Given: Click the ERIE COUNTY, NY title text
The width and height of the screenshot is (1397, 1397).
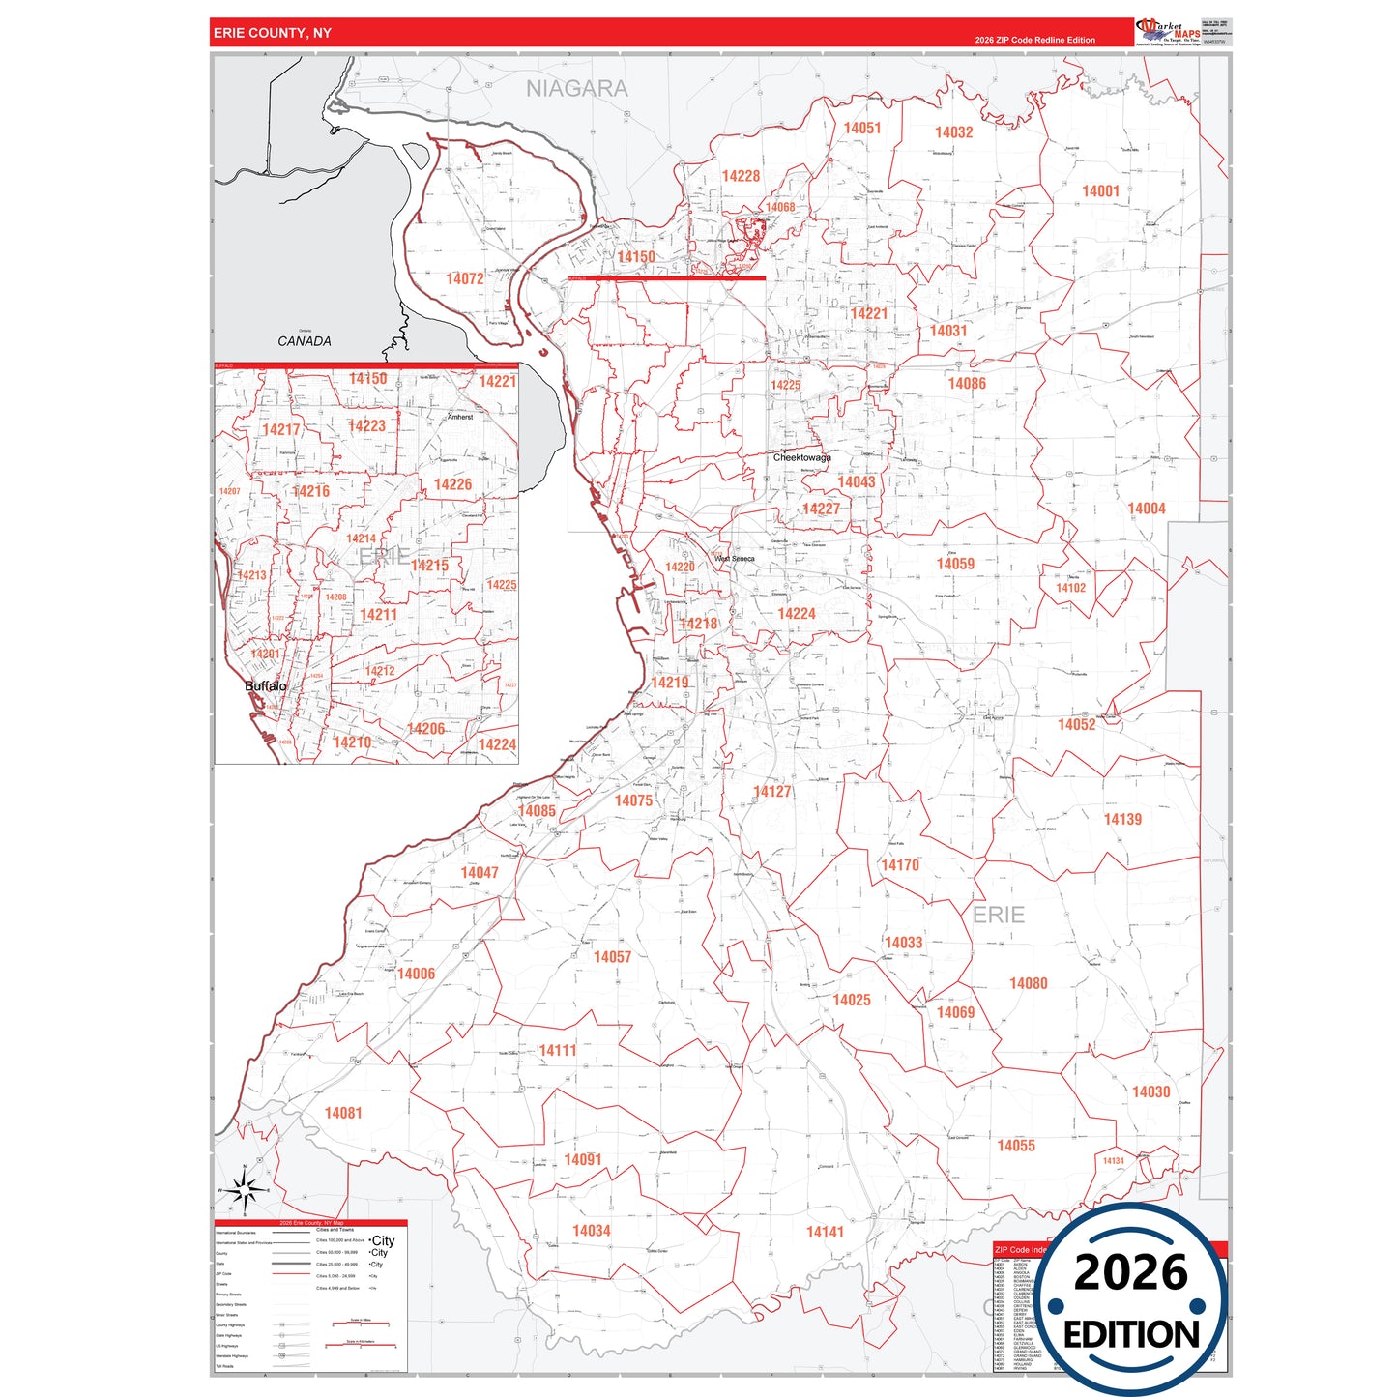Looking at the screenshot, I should pos(272,33).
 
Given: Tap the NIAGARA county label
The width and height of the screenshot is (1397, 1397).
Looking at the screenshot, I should pos(576,89).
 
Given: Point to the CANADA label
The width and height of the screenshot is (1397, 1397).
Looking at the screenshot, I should pos(305,341).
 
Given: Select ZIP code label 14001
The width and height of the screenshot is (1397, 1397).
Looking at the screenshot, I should pos(1100,191).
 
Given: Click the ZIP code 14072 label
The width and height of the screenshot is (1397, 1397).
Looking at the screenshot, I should pos(464,278).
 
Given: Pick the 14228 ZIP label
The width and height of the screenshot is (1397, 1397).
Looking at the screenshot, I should pos(741,176).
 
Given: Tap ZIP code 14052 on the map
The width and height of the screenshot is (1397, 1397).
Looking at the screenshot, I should pos(1076,724).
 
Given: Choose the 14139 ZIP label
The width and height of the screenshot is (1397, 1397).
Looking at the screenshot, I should pos(1122,819).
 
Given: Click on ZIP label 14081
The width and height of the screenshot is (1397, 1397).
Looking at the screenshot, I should pos(343,1113).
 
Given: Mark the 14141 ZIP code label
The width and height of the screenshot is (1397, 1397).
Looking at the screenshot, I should pos(825,1232).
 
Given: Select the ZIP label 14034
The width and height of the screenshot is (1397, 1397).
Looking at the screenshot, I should pos(591,1231).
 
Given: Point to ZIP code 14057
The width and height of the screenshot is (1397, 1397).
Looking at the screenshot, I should pos(612,957).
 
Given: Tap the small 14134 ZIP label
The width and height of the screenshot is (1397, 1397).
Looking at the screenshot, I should pos(1113,1161).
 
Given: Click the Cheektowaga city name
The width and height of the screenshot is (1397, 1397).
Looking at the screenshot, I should pos(801,457).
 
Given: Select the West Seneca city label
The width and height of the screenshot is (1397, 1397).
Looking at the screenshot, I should pos(734,559).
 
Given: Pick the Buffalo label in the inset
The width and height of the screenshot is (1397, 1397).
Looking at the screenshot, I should pos(265,686).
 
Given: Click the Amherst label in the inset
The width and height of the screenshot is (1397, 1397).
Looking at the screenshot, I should pos(460,417).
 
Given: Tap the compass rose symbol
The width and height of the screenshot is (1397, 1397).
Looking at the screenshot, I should pos(245,1190).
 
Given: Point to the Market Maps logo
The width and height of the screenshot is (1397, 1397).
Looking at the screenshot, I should pos(1168,32).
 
